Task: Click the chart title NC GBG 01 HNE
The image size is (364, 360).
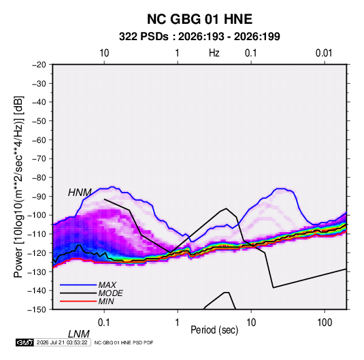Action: point(199,19)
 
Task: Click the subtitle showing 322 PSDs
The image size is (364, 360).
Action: point(199,37)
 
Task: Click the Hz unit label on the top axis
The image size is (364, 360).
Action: point(214,53)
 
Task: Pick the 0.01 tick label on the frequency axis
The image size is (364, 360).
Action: point(324,53)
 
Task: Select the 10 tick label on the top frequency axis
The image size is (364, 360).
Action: point(104,53)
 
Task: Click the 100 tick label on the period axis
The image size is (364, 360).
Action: point(325,323)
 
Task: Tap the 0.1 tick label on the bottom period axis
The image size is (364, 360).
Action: point(104,323)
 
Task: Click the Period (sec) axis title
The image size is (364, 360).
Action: point(214,330)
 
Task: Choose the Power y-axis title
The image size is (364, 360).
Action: point(18,187)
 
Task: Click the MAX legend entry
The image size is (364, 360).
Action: point(107,285)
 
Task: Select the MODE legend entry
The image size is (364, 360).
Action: point(110,293)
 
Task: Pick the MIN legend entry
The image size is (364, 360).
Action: point(106,301)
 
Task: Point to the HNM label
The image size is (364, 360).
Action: point(80,193)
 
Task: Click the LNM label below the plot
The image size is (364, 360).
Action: point(79,334)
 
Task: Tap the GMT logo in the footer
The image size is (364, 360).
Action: point(25,342)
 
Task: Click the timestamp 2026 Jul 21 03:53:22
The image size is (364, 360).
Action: point(62,342)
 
